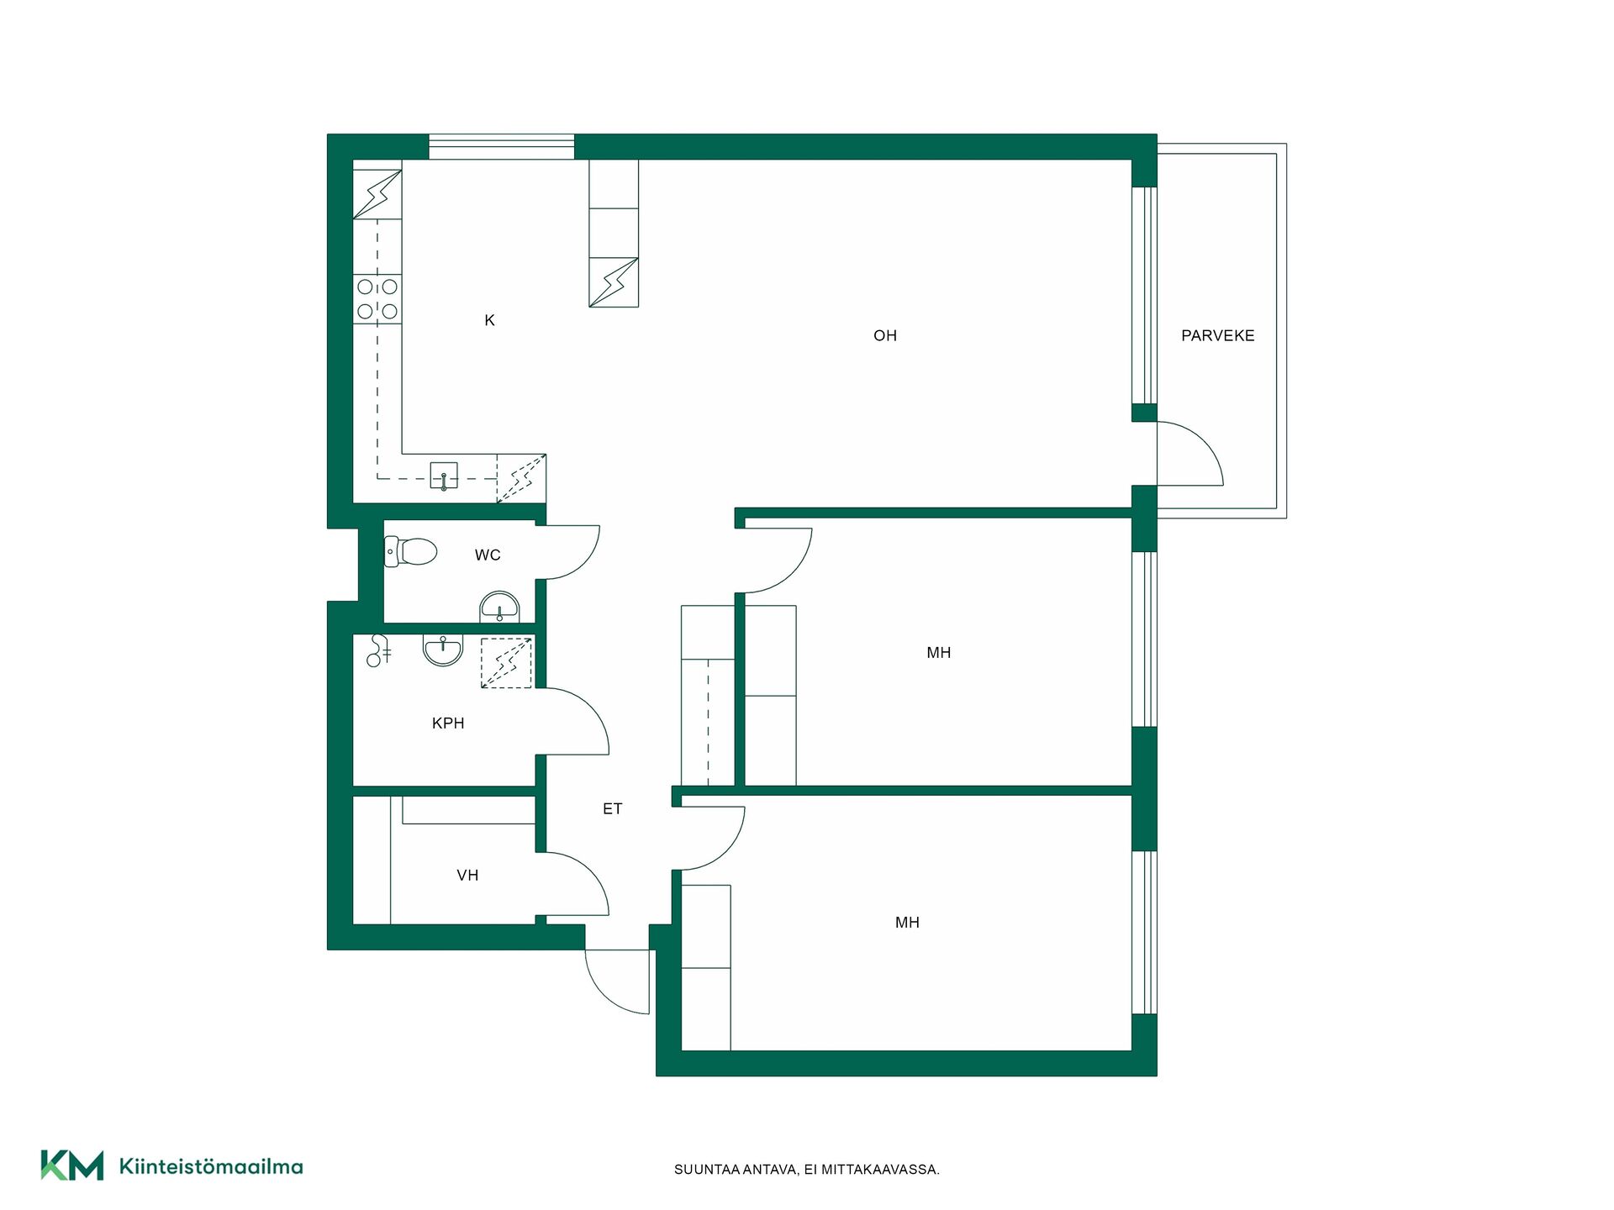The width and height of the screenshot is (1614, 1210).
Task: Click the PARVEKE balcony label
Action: (1217, 335)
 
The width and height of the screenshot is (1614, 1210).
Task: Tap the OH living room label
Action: (885, 335)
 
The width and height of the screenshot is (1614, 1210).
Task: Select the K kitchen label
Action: (489, 320)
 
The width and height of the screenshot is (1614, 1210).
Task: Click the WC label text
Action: (488, 555)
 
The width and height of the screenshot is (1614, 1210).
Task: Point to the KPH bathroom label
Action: (448, 723)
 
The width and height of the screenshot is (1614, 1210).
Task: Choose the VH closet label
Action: (467, 875)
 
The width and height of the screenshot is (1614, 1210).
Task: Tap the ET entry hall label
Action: (612, 808)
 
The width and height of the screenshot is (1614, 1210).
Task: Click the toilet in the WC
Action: (410, 551)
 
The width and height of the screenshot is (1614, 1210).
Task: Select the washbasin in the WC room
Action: (499, 607)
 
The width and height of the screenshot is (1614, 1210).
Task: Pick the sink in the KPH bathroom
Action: (443, 650)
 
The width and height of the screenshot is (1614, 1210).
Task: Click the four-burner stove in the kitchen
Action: (377, 299)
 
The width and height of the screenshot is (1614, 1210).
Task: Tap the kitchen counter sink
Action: (444, 476)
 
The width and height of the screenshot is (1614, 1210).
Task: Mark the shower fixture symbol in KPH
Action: (379, 650)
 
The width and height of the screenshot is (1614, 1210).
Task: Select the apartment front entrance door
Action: (618, 981)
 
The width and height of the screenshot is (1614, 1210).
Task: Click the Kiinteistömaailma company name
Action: (211, 1166)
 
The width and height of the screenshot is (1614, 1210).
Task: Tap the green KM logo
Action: (72, 1165)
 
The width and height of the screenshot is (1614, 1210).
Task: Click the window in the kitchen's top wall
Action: (502, 146)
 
